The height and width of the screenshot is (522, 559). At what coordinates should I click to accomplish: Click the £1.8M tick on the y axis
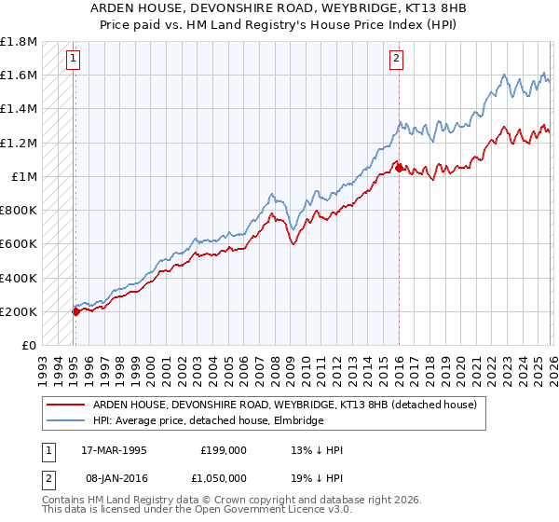click(19, 42)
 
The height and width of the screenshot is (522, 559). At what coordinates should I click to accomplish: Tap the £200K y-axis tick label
click(19, 311)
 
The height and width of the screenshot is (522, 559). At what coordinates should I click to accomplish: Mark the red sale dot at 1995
click(75, 312)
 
